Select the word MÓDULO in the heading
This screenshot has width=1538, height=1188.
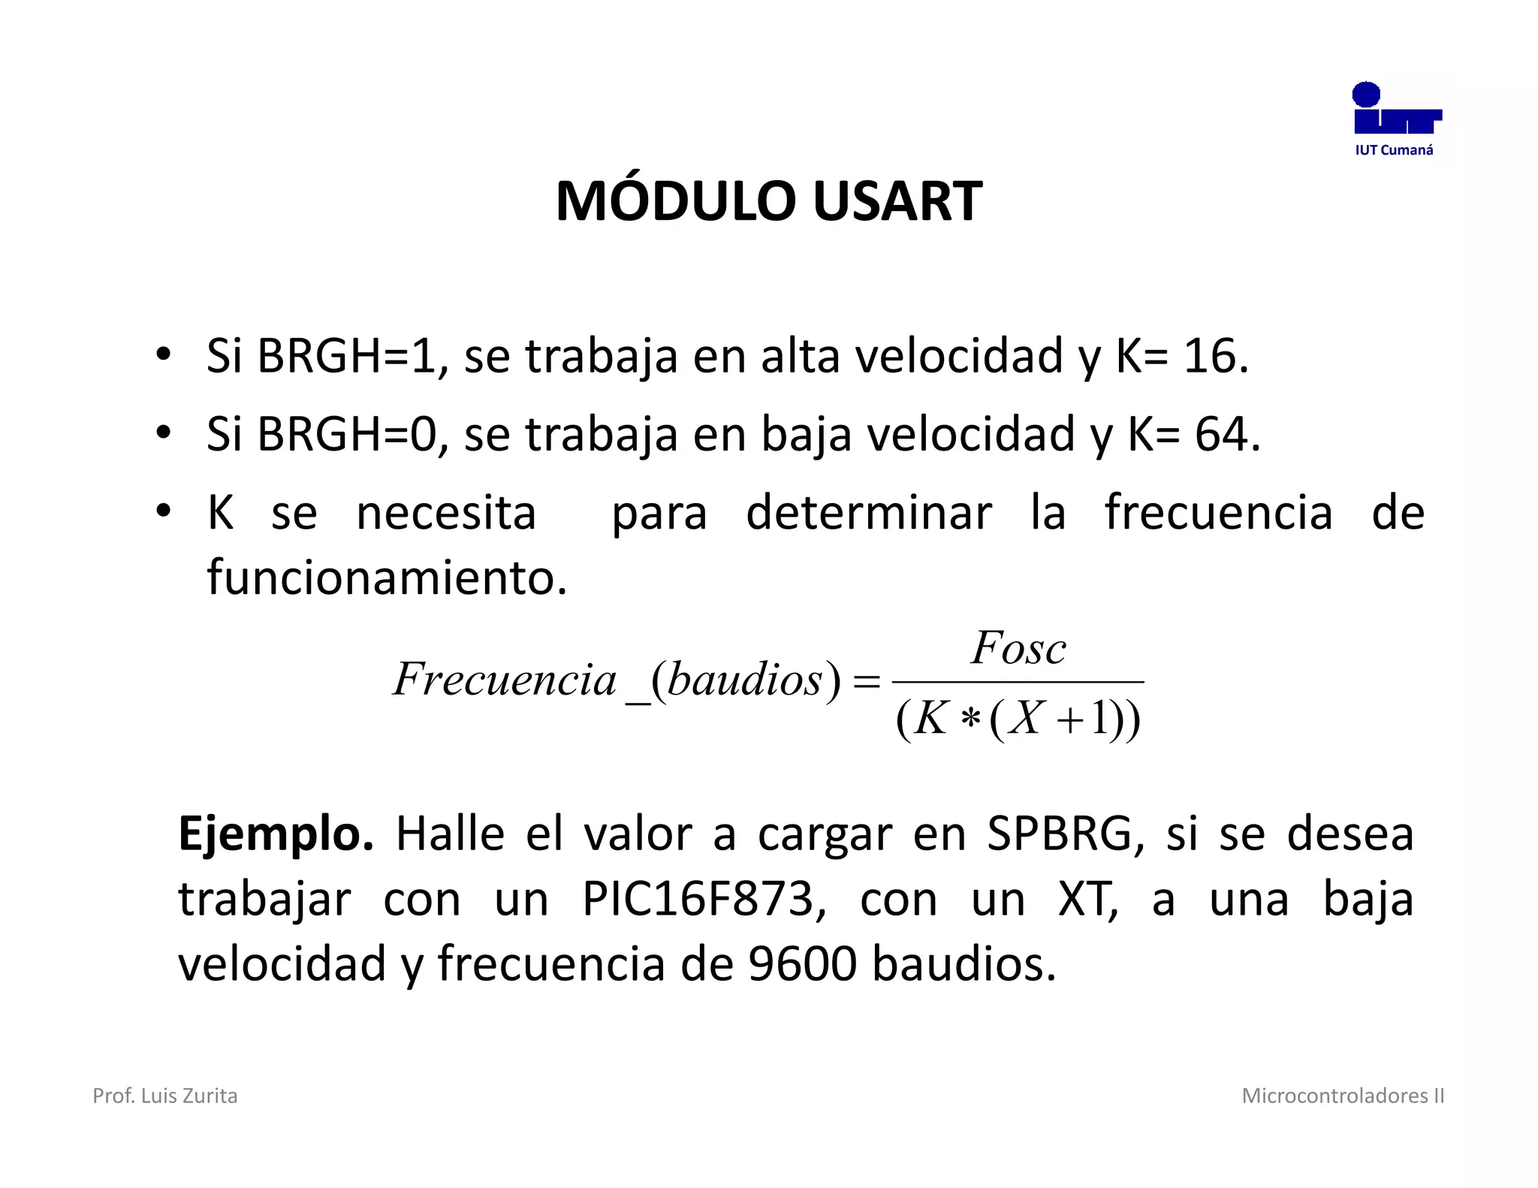click(675, 201)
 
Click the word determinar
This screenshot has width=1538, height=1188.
click(868, 513)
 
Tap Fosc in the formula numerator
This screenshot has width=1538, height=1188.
click(1018, 648)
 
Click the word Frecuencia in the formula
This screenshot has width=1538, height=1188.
click(505, 680)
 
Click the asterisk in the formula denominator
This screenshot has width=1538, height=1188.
click(970, 719)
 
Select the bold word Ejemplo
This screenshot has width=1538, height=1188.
click(276, 834)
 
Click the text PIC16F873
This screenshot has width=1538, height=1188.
click(698, 899)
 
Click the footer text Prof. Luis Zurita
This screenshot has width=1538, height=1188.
click(165, 1096)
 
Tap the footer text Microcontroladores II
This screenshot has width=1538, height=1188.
click(1343, 1096)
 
